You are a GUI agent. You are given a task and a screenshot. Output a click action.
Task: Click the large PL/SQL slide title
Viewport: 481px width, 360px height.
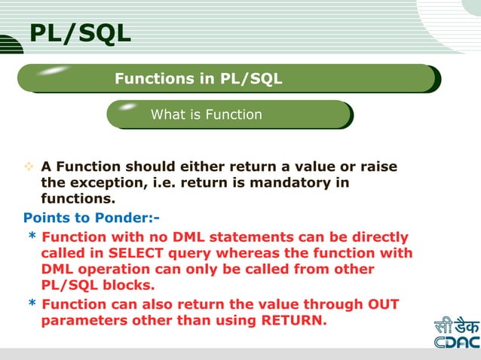[80, 33]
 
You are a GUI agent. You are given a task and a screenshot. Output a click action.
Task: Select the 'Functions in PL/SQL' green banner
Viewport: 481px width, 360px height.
[198, 78]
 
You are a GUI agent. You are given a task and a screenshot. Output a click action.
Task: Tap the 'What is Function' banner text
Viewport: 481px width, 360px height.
[207, 114]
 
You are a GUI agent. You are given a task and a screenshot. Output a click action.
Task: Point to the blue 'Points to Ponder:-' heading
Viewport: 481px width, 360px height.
[91, 218]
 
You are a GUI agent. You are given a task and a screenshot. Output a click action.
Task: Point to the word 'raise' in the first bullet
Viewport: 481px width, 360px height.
[377, 166]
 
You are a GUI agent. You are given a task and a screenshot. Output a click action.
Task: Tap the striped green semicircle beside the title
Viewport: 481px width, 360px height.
[11, 44]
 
